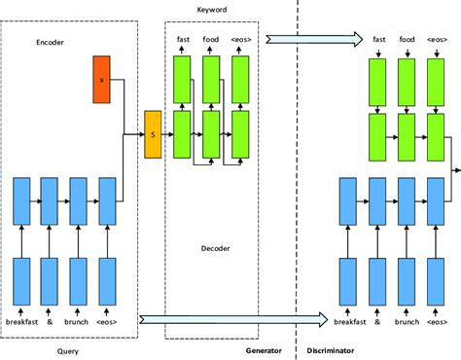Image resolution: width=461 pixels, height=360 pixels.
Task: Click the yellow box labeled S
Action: [x=152, y=133]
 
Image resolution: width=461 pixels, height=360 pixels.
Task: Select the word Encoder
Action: [x=51, y=43]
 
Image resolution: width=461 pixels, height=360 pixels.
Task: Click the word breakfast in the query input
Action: [x=23, y=322]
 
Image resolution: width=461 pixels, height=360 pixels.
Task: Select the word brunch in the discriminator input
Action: [x=407, y=322]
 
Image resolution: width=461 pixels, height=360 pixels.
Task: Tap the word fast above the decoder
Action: [x=183, y=40]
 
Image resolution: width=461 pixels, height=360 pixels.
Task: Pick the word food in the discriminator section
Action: [x=407, y=40]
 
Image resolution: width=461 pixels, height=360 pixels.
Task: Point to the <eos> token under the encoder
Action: [x=107, y=322]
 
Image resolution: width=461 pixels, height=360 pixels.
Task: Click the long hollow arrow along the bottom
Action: [x=233, y=318]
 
